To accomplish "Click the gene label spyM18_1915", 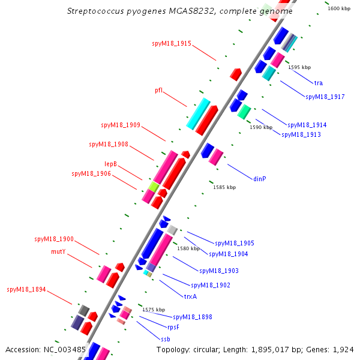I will coord(172,43).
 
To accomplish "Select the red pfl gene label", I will coord(158,90).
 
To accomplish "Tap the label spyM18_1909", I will coord(121,125).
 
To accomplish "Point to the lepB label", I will coord(110,164).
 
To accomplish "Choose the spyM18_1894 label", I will coord(26,289).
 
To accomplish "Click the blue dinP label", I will coord(259,178).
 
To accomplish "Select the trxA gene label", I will coord(190,296).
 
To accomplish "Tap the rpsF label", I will coord(173,327).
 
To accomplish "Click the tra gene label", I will coord(319,82).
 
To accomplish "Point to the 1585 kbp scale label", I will coord(224,187).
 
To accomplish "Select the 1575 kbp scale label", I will coord(154,310).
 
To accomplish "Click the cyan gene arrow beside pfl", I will coord(198,113).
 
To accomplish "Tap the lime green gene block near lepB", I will coord(154,187).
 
